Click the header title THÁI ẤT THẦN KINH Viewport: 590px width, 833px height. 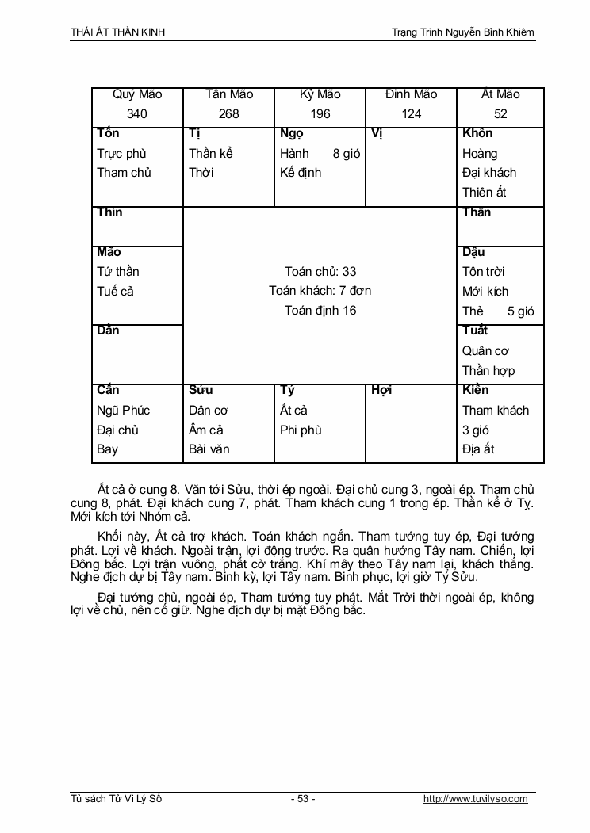(x=118, y=32)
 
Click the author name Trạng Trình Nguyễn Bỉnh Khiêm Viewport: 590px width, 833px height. (x=463, y=32)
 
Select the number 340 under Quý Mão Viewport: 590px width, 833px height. (x=137, y=114)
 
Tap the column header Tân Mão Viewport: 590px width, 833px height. (x=229, y=94)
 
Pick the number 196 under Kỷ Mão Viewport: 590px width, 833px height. (x=320, y=114)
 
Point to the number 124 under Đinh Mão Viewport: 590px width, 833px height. (x=412, y=114)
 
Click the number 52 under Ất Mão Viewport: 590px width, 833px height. (x=500, y=114)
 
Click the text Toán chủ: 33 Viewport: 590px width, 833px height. (x=320, y=272)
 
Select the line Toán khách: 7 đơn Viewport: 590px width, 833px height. (x=320, y=291)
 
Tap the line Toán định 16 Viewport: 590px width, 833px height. (x=320, y=311)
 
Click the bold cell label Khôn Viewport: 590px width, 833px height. (x=477, y=133)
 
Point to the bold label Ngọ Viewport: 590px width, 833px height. (x=291, y=133)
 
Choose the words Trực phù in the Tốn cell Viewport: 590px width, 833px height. (x=122, y=153)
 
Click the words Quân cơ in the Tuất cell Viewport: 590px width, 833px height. (x=485, y=350)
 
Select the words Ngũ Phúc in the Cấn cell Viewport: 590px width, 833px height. (x=123, y=410)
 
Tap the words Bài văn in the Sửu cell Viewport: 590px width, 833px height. (x=209, y=449)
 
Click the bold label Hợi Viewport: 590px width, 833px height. (x=381, y=390)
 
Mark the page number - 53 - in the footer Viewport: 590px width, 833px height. (x=303, y=799)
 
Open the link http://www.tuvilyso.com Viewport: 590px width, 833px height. (x=476, y=799)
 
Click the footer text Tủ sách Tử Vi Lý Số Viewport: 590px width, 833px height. (x=116, y=799)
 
